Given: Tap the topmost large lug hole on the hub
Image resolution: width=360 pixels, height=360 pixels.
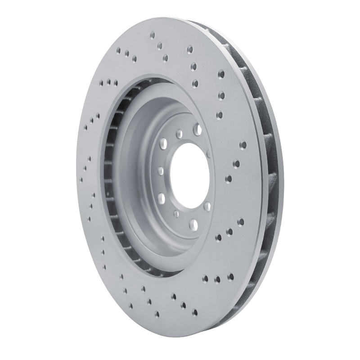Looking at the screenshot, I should [197, 130].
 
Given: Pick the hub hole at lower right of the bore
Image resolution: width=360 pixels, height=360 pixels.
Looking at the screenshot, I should [207, 207].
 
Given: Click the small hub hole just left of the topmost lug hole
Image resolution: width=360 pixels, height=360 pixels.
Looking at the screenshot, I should [179, 133].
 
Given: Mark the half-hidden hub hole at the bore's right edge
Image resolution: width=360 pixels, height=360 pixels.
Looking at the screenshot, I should [210, 154].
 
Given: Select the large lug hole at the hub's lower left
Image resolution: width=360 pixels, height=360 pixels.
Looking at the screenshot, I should [161, 197].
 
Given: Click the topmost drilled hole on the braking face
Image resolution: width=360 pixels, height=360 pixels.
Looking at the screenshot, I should [153, 34].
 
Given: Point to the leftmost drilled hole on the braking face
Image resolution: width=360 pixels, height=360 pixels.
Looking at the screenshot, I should [81, 179].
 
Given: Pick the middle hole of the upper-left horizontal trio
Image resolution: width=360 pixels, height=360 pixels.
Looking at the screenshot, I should [109, 82].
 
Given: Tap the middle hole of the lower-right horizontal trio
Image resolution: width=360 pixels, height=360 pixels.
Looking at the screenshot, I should [218, 279].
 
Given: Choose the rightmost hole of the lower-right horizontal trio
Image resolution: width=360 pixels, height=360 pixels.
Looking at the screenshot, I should [230, 276].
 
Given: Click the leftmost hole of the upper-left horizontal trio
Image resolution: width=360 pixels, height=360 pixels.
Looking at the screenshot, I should [103, 82].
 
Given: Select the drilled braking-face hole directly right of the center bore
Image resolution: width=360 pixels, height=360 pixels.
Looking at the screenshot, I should [228, 179].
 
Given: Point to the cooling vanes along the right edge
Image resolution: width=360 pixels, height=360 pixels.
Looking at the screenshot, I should [265, 180].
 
